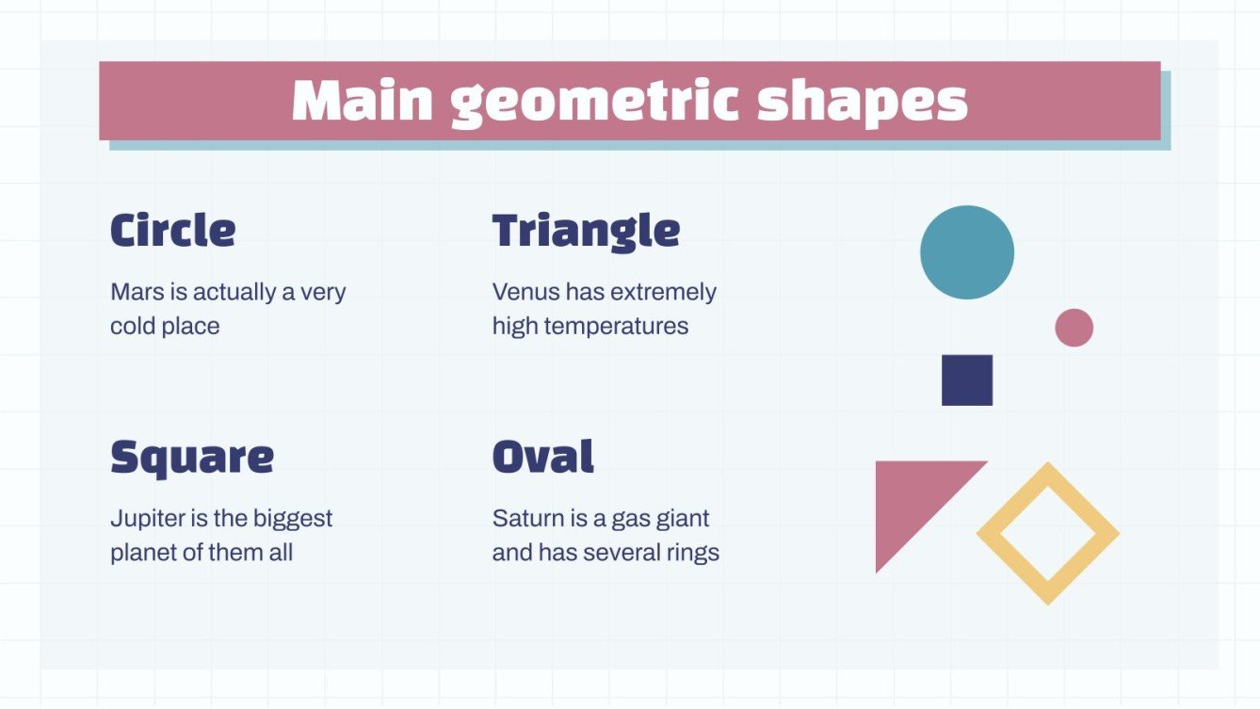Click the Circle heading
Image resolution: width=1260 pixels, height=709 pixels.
coord(173,231)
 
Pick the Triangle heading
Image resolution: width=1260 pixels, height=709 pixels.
coord(586,232)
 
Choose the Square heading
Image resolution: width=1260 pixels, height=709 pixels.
coord(192,458)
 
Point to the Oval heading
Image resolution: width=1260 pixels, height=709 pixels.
coord(543,458)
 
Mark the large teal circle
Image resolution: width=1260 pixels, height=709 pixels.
coord(967,252)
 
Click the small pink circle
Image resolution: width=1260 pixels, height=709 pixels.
coord(1074,328)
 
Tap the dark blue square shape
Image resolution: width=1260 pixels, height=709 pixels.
coord(967,380)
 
